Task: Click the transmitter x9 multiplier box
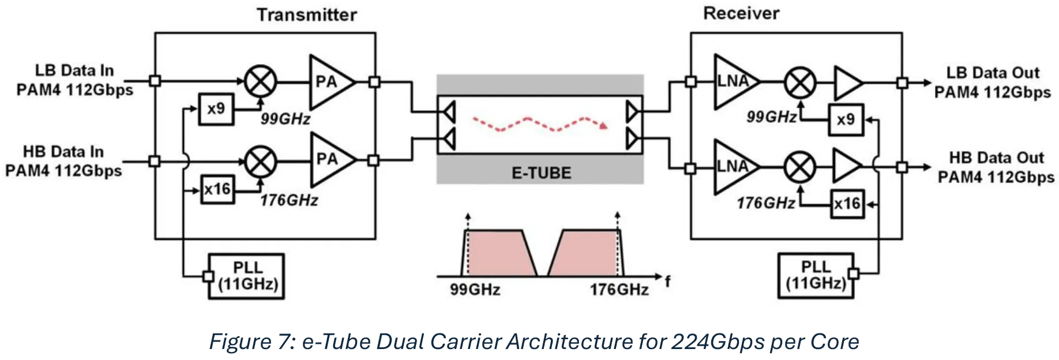coord(216,108)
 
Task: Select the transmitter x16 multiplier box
coord(218,189)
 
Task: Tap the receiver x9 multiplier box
coord(846,119)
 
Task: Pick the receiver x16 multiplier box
coord(847,204)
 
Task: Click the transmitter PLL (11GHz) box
coord(246,276)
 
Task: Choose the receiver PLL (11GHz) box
coord(816,275)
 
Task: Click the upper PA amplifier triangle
coord(332,82)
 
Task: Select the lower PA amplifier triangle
coord(332,160)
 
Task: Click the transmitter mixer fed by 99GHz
coord(261,81)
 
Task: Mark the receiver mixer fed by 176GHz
coord(800,167)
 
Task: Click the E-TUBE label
coord(541,173)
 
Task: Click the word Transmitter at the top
coord(307,14)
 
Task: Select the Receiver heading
coord(741,13)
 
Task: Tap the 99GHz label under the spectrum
coord(475,290)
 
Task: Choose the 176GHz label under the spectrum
coord(619,290)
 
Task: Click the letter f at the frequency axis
coord(667,281)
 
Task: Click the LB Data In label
coord(74,70)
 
